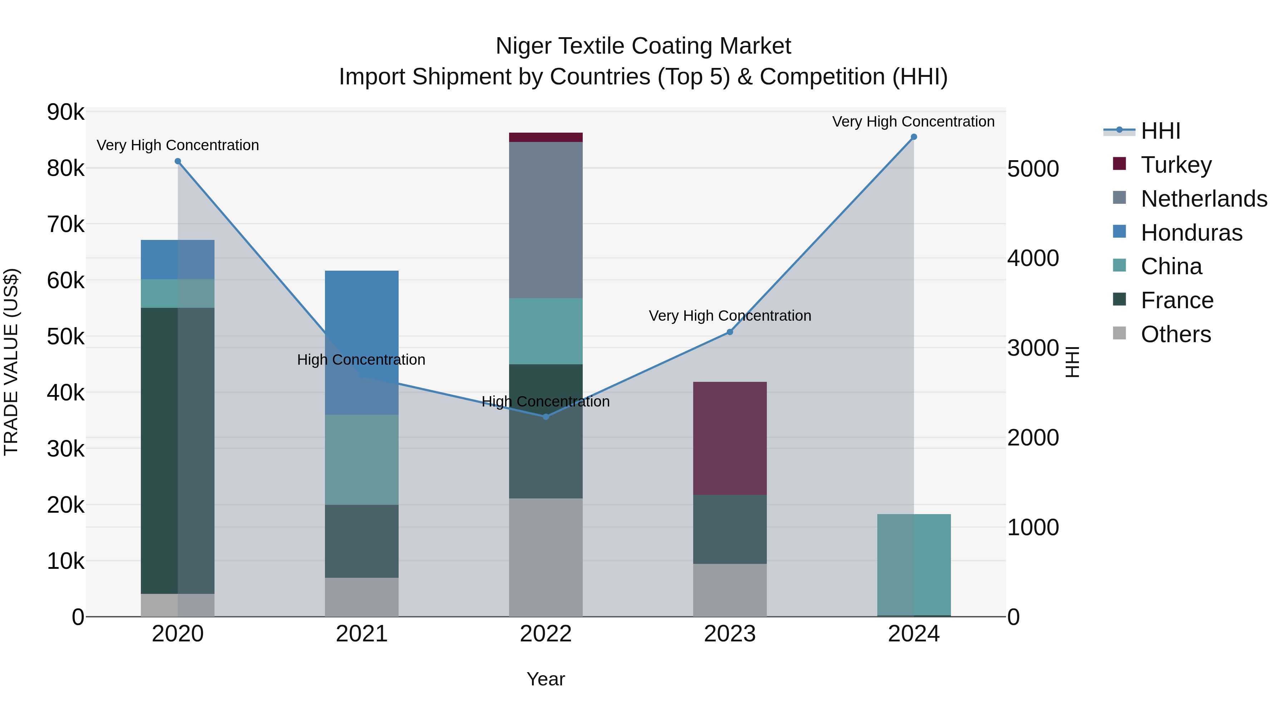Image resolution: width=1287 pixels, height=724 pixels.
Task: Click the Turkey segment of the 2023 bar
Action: [729, 438]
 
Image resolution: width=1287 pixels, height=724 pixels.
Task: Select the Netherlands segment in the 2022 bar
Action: [546, 220]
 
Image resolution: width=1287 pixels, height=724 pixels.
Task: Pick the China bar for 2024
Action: [913, 565]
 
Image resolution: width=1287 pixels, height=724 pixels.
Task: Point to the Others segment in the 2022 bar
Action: [546, 557]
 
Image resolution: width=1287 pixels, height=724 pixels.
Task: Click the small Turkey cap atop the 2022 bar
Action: [546, 137]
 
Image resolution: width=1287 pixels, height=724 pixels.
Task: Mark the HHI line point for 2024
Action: [913, 137]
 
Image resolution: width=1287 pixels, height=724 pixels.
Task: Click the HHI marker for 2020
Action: [177, 161]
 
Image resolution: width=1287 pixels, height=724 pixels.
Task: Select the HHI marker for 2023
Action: [729, 332]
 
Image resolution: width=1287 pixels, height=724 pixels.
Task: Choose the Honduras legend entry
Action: [1191, 233]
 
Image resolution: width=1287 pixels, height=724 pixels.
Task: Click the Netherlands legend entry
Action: [1203, 199]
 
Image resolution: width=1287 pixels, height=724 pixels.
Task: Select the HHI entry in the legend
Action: [1160, 131]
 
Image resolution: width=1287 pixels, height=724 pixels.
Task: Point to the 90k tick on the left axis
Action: [65, 112]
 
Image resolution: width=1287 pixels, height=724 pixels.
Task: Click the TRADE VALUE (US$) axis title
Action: [11, 362]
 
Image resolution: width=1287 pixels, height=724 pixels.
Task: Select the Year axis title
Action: [546, 679]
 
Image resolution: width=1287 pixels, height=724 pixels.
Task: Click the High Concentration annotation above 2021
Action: [361, 360]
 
